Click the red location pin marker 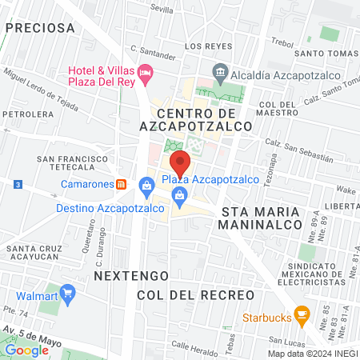click(181, 163)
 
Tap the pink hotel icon click(145, 73)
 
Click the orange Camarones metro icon click(120, 183)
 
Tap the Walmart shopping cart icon click(69, 294)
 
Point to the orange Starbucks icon click(302, 313)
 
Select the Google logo click(26, 350)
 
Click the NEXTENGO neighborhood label click(123, 275)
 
